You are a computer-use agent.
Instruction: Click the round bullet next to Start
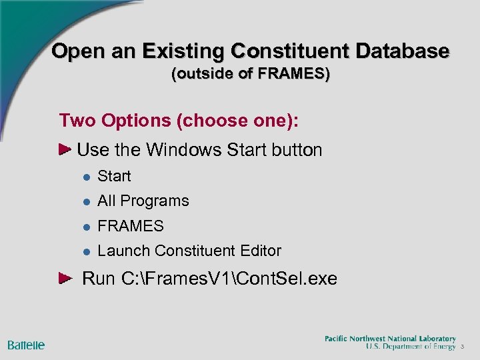point(86,177)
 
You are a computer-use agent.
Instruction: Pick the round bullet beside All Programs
point(86,201)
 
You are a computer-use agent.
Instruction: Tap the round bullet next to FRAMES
point(86,227)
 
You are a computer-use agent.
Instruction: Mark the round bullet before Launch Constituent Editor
point(86,251)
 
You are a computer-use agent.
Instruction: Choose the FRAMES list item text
point(131,226)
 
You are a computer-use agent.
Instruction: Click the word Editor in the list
point(260,251)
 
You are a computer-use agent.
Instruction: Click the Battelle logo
point(26,345)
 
